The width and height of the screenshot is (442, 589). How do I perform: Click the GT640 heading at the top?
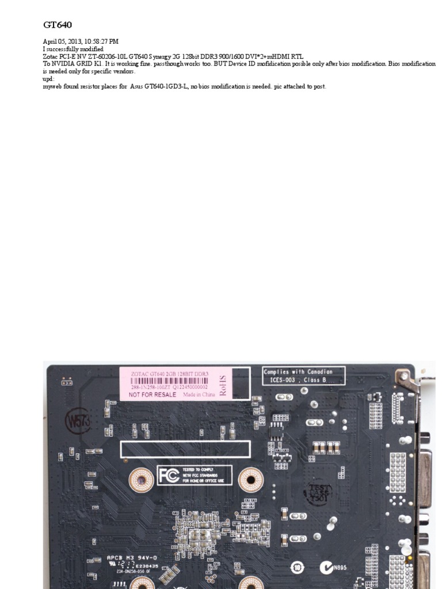point(57,25)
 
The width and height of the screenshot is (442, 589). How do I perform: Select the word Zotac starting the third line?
point(51,57)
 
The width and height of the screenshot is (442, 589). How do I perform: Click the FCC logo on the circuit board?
point(167,475)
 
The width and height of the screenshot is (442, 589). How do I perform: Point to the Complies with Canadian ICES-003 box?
point(304,376)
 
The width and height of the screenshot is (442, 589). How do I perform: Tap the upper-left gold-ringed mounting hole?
point(141,479)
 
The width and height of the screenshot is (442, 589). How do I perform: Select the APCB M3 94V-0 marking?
point(132,557)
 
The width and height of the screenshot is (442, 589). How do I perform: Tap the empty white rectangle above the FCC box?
point(185,449)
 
